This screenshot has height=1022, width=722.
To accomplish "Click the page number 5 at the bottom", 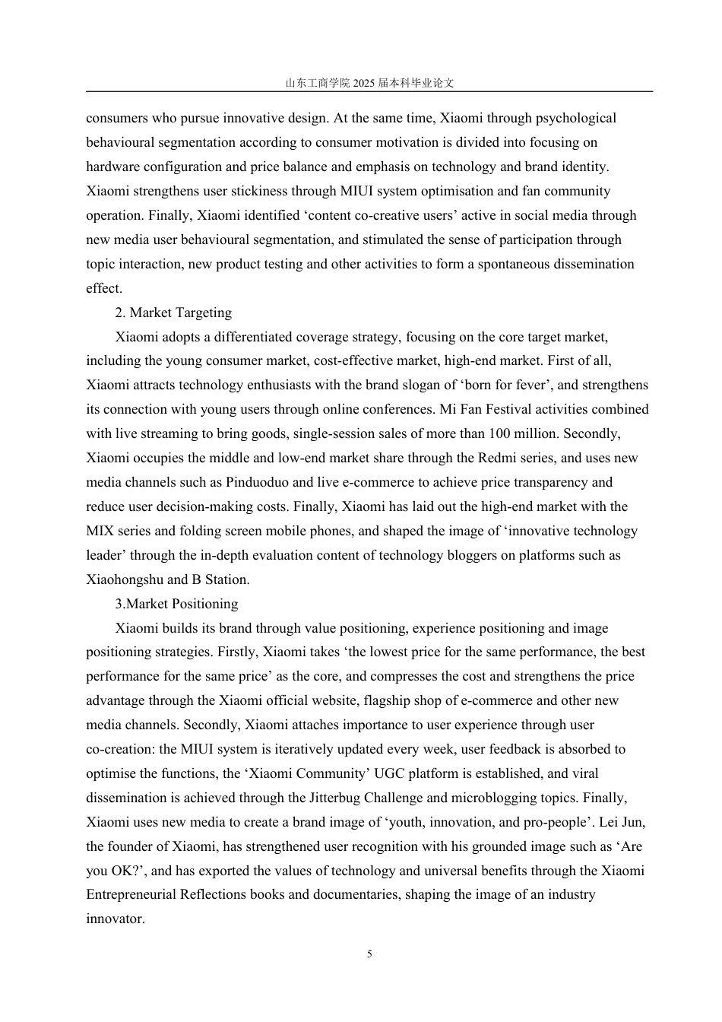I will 369,954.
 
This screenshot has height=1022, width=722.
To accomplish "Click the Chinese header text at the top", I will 369,83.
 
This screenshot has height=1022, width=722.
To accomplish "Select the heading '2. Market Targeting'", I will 173,313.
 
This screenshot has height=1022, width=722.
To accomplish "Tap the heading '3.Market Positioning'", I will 176,604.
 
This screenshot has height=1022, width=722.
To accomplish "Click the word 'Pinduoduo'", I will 258,482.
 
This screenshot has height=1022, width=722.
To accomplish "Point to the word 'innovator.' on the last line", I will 115,919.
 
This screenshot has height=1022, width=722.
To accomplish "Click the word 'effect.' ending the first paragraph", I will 104,288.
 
